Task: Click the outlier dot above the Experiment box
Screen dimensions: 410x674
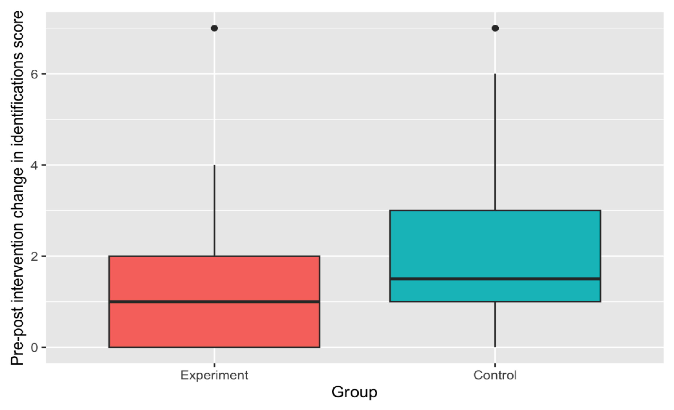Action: (214, 28)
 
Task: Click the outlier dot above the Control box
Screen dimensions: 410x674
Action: (495, 28)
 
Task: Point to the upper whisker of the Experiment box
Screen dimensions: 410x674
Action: (214, 210)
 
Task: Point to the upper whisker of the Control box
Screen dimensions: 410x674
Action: (495, 142)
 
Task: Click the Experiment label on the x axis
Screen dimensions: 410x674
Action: (214, 375)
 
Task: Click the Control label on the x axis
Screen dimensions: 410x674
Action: (495, 375)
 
